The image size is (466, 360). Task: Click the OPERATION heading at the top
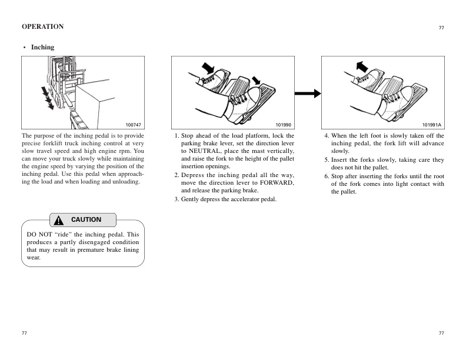pyautogui.click(x=42, y=26)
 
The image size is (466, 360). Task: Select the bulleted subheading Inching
pyautogui.click(x=42, y=47)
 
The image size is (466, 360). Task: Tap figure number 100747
pyautogui.click(x=134, y=125)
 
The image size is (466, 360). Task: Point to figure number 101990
pyautogui.click(x=283, y=125)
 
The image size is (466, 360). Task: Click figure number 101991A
pyautogui.click(x=431, y=125)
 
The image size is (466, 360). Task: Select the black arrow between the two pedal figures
pyautogui.click(x=307, y=93)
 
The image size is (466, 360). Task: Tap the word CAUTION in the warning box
pyautogui.click(x=86, y=219)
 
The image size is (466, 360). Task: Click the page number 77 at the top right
pyautogui.click(x=441, y=28)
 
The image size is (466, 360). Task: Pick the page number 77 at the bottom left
pyautogui.click(x=24, y=334)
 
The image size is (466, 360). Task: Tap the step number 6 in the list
pyautogui.click(x=326, y=176)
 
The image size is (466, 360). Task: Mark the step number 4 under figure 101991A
pyautogui.click(x=326, y=136)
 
